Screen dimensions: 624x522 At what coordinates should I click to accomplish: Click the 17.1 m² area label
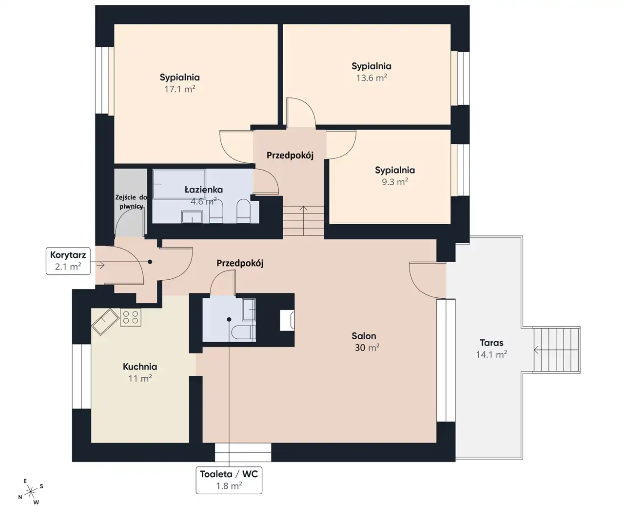(180, 89)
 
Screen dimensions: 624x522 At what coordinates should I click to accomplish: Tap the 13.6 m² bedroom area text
(371, 77)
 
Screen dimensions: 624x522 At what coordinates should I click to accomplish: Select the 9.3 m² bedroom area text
(395, 182)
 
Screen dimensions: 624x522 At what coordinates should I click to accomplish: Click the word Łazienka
(204, 190)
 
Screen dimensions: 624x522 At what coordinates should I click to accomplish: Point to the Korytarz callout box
(68, 261)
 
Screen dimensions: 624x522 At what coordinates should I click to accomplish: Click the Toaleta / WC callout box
(229, 480)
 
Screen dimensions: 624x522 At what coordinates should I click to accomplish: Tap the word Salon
(364, 336)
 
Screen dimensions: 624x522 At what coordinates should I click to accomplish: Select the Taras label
(491, 343)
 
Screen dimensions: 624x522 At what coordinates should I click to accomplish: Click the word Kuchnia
(140, 367)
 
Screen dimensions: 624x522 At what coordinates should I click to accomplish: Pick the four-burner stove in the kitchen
(131, 317)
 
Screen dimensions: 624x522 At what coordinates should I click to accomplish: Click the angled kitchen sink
(105, 322)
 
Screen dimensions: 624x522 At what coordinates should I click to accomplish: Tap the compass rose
(30, 491)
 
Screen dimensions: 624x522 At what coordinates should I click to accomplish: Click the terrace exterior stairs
(556, 349)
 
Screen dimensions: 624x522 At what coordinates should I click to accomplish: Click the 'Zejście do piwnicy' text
(131, 202)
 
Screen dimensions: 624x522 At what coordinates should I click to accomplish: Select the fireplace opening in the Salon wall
(287, 320)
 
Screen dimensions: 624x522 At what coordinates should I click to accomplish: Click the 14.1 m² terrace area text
(491, 354)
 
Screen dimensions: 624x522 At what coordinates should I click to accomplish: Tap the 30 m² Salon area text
(367, 348)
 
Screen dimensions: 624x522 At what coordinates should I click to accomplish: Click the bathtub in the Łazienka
(179, 184)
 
